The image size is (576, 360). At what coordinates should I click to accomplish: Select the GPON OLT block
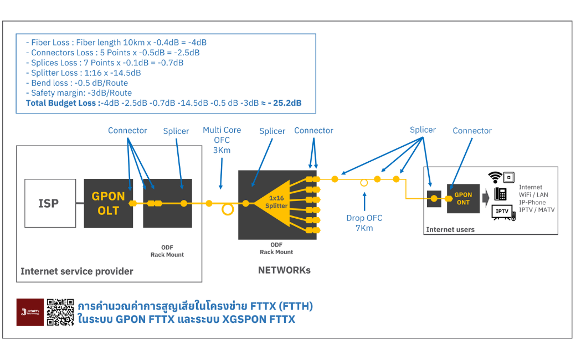(x=109, y=203)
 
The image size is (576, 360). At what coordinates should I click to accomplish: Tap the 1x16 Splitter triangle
(x=274, y=202)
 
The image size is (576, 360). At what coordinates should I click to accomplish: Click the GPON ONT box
(x=463, y=198)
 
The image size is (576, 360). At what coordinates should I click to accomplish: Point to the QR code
(x=60, y=312)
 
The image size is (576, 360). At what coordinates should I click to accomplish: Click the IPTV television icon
(x=502, y=212)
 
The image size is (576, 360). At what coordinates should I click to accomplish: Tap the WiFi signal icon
(x=494, y=177)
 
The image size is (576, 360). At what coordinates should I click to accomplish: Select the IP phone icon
(x=500, y=194)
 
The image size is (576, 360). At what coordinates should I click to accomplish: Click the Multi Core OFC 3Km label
(x=222, y=140)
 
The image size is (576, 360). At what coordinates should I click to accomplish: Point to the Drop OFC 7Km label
(x=364, y=223)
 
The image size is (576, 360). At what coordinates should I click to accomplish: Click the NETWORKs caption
(x=284, y=270)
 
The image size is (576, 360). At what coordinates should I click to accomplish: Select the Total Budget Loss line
(x=163, y=103)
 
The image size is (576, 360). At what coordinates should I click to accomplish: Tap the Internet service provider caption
(x=77, y=271)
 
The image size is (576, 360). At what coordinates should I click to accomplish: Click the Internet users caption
(x=450, y=229)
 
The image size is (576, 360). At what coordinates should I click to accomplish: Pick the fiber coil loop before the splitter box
(x=227, y=210)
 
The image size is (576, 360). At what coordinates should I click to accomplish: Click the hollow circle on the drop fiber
(x=364, y=182)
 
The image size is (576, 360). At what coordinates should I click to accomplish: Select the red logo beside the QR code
(x=30, y=312)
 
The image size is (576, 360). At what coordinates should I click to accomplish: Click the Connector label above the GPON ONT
(x=472, y=131)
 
